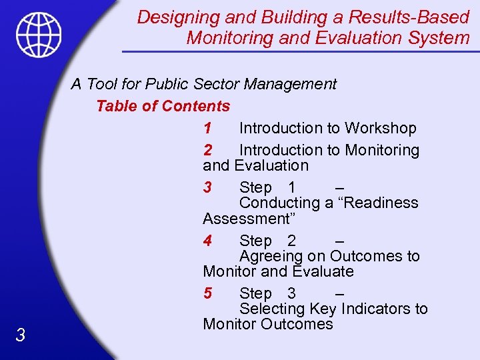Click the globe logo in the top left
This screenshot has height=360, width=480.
click(39, 35)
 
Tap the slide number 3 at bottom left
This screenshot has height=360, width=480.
click(21, 335)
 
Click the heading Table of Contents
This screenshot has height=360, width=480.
click(163, 106)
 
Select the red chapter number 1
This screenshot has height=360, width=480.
click(208, 128)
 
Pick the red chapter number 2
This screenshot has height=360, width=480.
click(208, 151)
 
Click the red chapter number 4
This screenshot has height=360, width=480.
click(208, 241)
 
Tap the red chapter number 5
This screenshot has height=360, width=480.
click(208, 293)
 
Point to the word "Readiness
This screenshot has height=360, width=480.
click(379, 203)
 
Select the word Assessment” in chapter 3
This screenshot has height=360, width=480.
click(246, 219)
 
